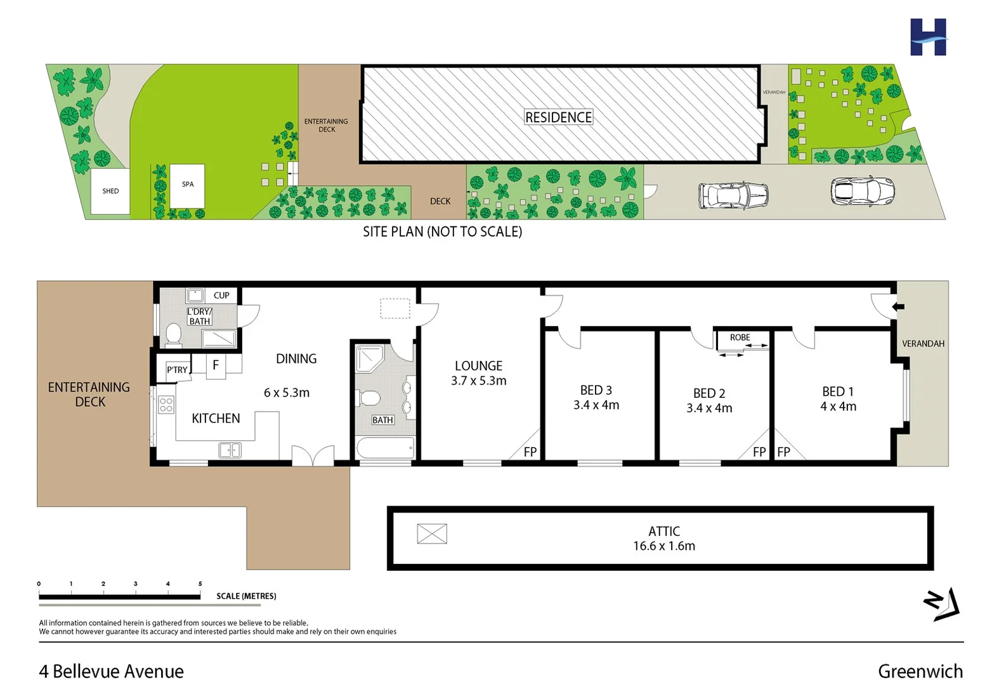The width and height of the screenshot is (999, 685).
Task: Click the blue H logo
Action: click(928, 37)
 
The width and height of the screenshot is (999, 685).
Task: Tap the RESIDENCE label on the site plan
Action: click(558, 117)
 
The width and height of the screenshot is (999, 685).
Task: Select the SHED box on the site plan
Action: click(110, 191)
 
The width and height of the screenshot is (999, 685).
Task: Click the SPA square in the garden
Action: click(187, 185)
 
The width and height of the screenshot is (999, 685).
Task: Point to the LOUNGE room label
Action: click(478, 366)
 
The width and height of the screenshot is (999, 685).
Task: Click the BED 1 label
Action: click(838, 391)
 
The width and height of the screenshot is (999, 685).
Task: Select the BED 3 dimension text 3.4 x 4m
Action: click(596, 405)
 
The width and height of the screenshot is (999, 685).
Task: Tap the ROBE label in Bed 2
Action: click(740, 337)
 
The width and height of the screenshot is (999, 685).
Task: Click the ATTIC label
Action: click(663, 532)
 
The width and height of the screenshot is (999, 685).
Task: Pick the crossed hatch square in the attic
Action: click(432, 534)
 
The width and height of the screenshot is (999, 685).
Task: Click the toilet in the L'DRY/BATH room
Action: click(173, 334)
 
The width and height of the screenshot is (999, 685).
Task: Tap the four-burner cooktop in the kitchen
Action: click(166, 404)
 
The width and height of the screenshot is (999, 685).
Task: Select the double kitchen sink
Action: click(230, 450)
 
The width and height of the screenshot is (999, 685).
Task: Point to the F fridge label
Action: click(216, 365)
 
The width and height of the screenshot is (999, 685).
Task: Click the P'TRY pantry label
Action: click(177, 370)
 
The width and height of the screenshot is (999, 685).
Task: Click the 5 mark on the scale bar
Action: click(200, 584)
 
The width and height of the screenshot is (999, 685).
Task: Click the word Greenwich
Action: click(920, 671)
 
